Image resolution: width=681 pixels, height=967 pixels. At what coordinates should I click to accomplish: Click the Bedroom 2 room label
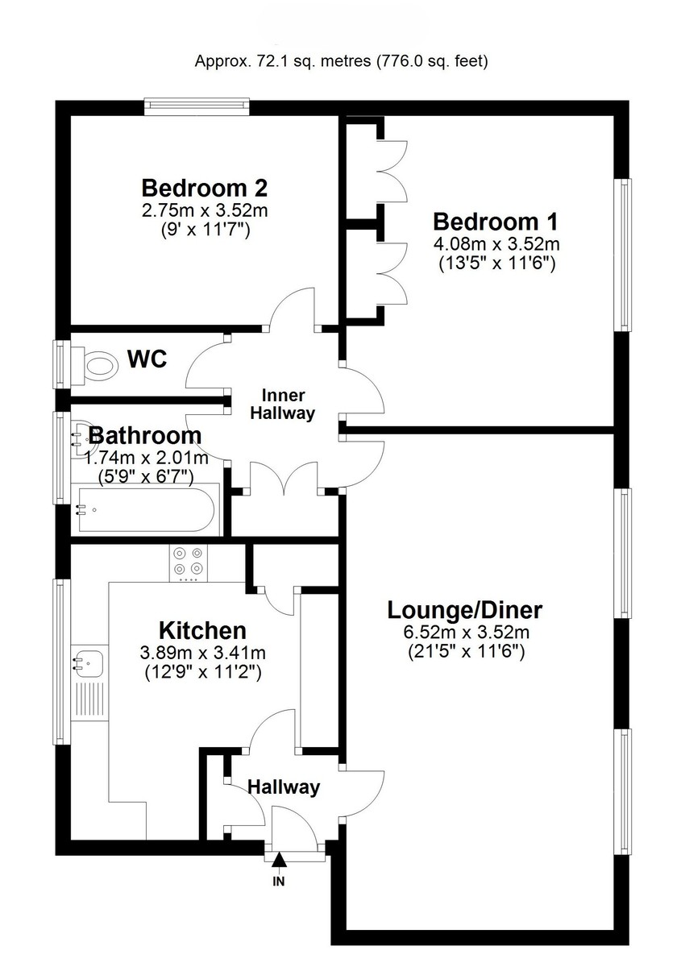coord(205,189)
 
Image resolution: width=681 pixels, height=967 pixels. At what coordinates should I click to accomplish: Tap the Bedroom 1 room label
coord(496,222)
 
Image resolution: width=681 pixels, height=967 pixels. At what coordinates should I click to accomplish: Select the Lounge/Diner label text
coord(465,610)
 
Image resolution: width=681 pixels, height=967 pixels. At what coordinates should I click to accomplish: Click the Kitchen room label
coord(202,630)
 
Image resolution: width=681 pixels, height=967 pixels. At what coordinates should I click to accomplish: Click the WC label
coord(147,359)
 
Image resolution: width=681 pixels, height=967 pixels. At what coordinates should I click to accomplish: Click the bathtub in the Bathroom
coord(145,508)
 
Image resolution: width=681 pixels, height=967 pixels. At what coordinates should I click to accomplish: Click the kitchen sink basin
coord(89,662)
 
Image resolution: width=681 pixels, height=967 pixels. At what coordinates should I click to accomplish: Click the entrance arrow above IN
coord(279,862)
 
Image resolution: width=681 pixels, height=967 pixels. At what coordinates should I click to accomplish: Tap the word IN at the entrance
coord(279,881)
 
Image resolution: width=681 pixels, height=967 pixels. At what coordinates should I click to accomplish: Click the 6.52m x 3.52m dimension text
coord(465,633)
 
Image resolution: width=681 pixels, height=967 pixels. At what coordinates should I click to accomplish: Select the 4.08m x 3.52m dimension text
coord(496,243)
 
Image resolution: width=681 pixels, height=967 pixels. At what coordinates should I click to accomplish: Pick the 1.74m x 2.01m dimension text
coord(146,458)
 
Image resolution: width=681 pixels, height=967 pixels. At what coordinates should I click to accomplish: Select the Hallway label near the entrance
coord(283,787)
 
